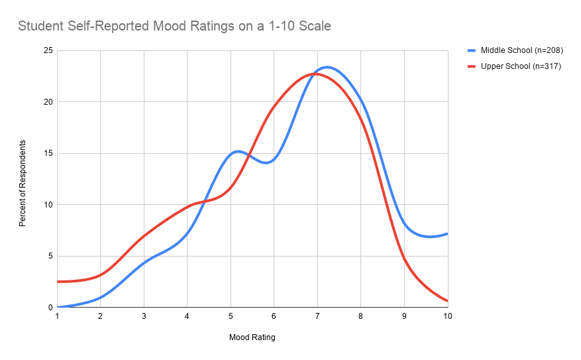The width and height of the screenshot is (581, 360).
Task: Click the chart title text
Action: coord(174,27)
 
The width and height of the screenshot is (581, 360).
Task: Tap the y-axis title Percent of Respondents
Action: coord(23,184)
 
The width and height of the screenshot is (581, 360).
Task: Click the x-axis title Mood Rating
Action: coord(252,337)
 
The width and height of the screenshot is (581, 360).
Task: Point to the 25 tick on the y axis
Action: coord(48,50)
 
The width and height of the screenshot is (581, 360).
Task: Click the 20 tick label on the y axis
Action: coord(48,102)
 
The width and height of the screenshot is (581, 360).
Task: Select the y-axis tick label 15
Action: coord(48,153)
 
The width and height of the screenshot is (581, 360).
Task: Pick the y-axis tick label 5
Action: coord(50,256)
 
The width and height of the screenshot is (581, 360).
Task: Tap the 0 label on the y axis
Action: coord(50,308)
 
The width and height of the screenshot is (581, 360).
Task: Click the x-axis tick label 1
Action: coord(57,317)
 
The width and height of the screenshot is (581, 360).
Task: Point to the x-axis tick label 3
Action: coord(144,317)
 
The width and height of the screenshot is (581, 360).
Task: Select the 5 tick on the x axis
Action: coord(231,317)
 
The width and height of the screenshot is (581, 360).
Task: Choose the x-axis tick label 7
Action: coord(317,317)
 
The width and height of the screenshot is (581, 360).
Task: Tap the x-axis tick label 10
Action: coord(447,317)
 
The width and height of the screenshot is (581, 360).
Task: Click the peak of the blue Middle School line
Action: coord(327,67)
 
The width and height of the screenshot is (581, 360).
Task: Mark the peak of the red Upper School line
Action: coord(315,74)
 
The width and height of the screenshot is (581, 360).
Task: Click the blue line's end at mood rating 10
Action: coord(447,233)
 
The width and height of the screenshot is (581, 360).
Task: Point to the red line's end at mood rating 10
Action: coord(447,301)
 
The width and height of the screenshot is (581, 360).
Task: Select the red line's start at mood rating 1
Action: coord(58,282)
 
